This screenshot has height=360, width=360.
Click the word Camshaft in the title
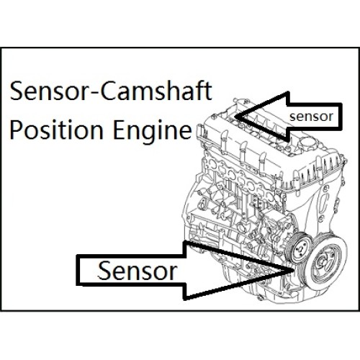[x=156, y=91]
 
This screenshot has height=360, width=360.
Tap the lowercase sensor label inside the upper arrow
[x=311, y=117]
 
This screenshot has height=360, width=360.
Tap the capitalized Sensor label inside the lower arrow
[x=137, y=271]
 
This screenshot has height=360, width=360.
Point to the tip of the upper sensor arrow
[x=236, y=117]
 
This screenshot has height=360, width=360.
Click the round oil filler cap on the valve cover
[x=307, y=143]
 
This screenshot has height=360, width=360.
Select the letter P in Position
[x=16, y=130]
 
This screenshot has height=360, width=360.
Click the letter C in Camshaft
[x=109, y=91]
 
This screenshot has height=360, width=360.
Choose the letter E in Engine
[x=119, y=130]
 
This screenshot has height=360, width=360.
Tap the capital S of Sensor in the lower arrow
[x=104, y=271]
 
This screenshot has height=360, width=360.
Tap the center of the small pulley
[x=300, y=248]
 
